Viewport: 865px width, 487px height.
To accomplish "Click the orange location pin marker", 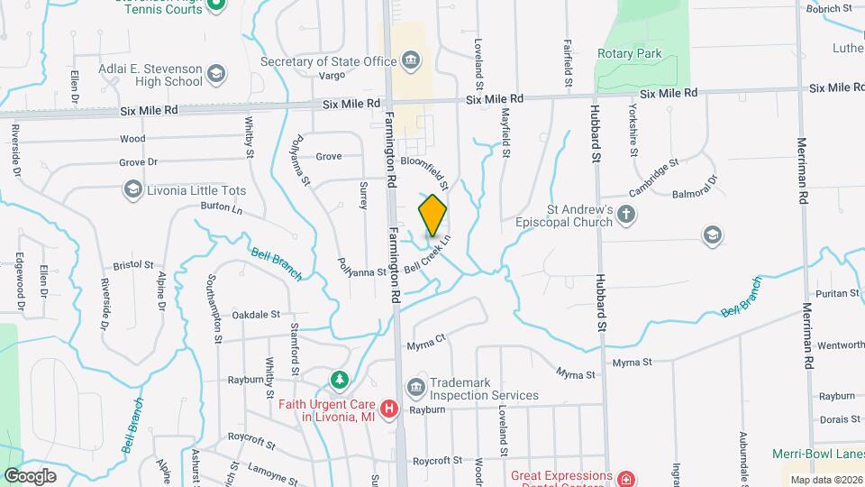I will tap(432, 216).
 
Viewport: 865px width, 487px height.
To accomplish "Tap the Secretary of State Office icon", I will tap(411, 61).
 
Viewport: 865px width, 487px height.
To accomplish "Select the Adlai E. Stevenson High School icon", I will tap(215, 73).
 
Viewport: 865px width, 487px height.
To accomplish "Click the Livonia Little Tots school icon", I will tap(133, 188).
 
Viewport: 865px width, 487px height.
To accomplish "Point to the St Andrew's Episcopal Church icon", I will tap(628, 215).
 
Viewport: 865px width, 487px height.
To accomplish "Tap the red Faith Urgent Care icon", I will tap(389, 409).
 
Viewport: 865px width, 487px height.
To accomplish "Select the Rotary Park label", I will tap(629, 54).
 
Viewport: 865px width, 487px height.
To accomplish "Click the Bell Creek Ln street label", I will tap(426, 255).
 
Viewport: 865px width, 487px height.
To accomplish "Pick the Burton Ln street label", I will tap(223, 208).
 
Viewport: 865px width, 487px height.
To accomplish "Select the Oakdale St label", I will tap(257, 315).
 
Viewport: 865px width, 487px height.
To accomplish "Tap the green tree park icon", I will tap(339, 379).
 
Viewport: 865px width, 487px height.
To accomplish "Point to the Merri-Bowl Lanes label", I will tap(816, 454).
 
